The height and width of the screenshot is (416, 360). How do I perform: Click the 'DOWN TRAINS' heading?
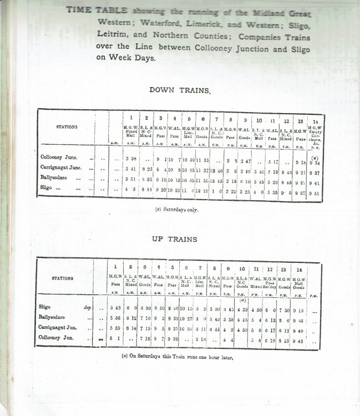179,89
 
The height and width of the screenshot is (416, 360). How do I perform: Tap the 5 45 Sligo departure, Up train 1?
115,306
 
